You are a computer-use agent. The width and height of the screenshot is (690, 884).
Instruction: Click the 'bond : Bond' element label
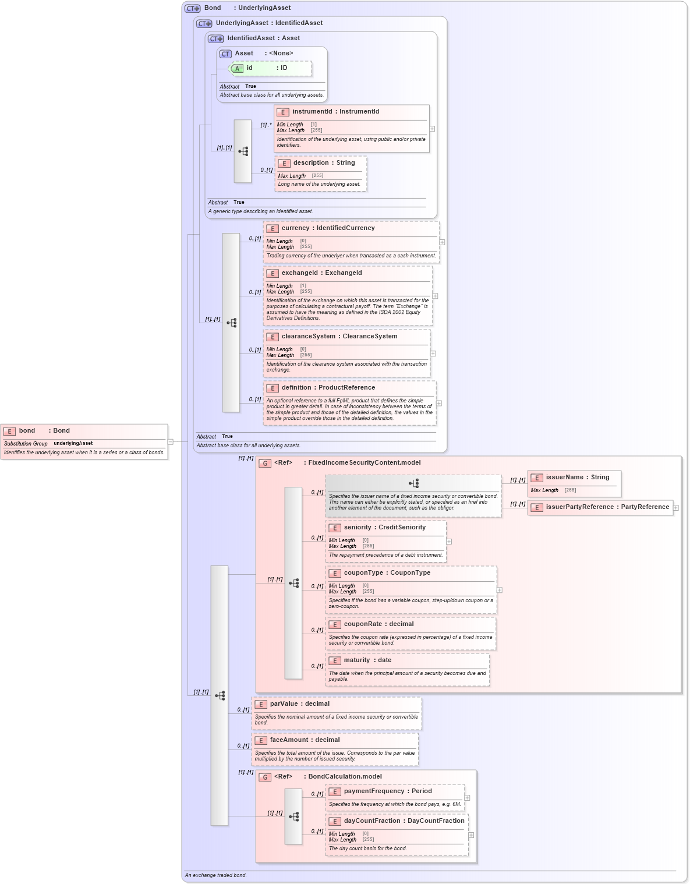pos(44,431)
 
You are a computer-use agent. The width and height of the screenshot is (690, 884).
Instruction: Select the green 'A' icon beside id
pos(237,69)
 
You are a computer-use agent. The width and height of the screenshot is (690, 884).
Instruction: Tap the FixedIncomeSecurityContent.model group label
pos(364,463)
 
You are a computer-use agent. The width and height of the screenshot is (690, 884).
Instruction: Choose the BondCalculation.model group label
pos(345,777)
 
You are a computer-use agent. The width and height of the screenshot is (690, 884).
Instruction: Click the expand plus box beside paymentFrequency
pos(467,798)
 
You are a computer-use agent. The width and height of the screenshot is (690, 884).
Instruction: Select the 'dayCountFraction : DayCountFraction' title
pos(404,821)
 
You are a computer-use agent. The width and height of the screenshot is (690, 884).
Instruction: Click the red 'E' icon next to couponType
pos(335,574)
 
